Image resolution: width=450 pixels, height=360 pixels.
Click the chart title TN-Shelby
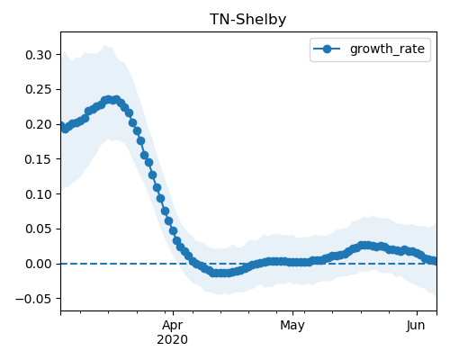pos(247,20)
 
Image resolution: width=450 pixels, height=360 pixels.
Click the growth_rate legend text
pos(387,49)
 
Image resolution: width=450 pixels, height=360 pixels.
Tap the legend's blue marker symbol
pos(327,49)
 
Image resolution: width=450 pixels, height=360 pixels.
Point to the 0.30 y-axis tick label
pos(39,55)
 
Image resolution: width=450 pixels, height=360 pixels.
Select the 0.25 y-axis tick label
pos(39,89)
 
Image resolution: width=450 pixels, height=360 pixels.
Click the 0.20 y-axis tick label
pos(39,124)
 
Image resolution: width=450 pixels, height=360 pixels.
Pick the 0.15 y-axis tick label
pos(39,159)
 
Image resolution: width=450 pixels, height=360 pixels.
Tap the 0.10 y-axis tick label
pos(39,194)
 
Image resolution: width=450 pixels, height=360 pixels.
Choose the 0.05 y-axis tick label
pos(39,229)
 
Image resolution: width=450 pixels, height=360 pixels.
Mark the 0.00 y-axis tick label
pos(39,264)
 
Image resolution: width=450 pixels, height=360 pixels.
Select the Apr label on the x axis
pos(173,326)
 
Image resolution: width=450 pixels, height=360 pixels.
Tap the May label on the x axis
pos(292,326)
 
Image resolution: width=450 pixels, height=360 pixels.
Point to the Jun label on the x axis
pos(416,325)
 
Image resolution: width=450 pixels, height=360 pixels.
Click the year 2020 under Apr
pos(173,339)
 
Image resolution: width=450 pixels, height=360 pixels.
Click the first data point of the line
pos(62,126)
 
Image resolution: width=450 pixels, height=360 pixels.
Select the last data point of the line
pos(434,261)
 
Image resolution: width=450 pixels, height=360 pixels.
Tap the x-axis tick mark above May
pos(293,313)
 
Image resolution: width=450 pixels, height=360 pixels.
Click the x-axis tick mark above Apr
pos(173,313)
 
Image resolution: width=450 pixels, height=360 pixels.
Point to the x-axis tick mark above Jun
pos(417,313)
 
